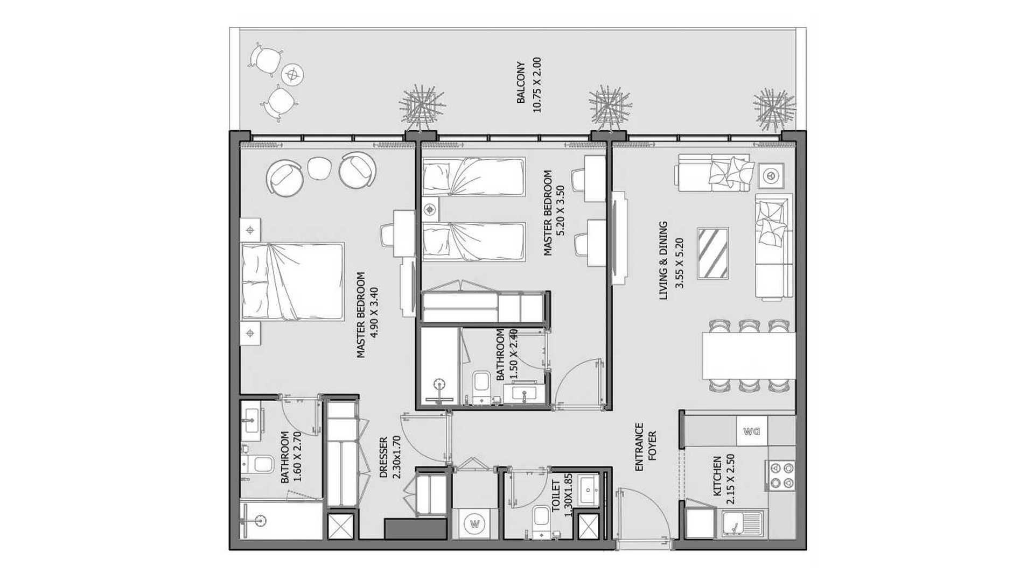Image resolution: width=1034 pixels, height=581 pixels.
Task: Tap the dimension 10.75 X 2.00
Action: pos(536,85)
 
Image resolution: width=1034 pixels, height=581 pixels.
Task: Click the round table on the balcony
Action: pos(292,74)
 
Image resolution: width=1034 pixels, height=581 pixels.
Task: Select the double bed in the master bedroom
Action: pos(292,282)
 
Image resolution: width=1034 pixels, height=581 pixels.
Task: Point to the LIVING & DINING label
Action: pos(663,260)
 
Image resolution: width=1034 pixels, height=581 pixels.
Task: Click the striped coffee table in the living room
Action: pos(713,253)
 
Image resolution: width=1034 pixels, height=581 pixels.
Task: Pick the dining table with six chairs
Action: pos(749,356)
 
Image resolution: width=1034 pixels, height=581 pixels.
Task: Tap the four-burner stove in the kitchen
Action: pos(780,475)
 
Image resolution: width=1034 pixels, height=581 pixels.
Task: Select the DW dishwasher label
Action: pos(751,431)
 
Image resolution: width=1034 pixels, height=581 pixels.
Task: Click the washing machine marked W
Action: pos(474,523)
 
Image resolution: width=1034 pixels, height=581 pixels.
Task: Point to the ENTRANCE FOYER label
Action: pos(645,447)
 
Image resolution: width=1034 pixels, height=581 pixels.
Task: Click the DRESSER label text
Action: pos(383,457)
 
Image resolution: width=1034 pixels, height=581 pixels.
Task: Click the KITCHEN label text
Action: pos(717,477)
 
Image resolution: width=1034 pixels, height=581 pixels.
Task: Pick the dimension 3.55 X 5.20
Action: pos(679,263)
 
